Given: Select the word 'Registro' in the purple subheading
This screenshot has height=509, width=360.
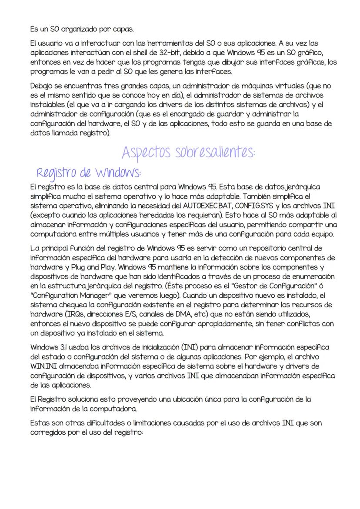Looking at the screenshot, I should tap(55, 173).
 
